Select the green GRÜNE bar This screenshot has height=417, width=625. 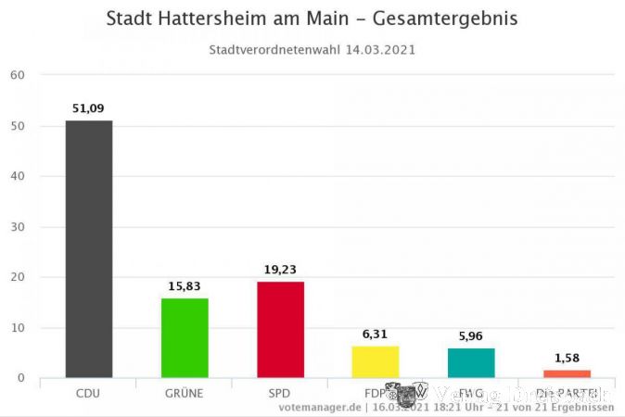click(x=185, y=337)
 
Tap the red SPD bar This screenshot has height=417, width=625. click(x=280, y=329)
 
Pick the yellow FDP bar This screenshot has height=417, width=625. click(x=376, y=361)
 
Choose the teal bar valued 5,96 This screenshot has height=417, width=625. click(x=471, y=362)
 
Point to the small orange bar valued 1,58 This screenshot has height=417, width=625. click(x=567, y=373)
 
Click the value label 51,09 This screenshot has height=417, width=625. click(x=89, y=108)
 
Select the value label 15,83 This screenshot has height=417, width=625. click(x=185, y=286)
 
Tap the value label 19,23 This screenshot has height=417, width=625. click(x=280, y=270)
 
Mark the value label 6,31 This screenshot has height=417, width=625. click(x=376, y=335)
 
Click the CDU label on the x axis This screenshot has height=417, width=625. click(x=88, y=393)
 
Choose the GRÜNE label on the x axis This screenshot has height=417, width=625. click(x=185, y=393)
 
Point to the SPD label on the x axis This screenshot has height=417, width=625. click(x=280, y=393)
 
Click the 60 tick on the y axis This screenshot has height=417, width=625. click(x=17, y=75)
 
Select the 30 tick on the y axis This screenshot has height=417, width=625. click(x=17, y=227)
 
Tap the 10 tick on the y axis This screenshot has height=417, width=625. click(x=17, y=328)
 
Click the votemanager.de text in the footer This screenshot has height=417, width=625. click(x=319, y=407)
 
